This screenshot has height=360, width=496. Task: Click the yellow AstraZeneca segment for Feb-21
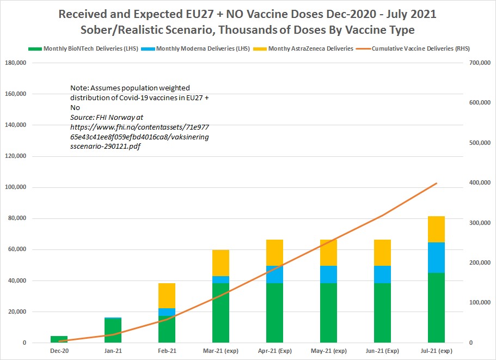coord(167,296)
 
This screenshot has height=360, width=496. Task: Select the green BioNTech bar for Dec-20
coord(59,339)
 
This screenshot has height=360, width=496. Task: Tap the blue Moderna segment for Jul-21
coord(436,258)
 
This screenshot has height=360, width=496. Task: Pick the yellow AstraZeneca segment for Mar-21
coord(221,263)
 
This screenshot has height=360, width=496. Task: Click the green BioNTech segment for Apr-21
coord(274,313)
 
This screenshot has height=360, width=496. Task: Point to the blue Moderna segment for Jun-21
coord(382,274)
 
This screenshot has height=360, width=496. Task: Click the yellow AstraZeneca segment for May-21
coord(328,253)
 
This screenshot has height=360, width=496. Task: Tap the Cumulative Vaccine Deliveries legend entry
coord(421,48)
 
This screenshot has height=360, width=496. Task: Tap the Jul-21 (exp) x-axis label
coord(436,351)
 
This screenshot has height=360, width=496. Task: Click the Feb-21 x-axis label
coord(167,351)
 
